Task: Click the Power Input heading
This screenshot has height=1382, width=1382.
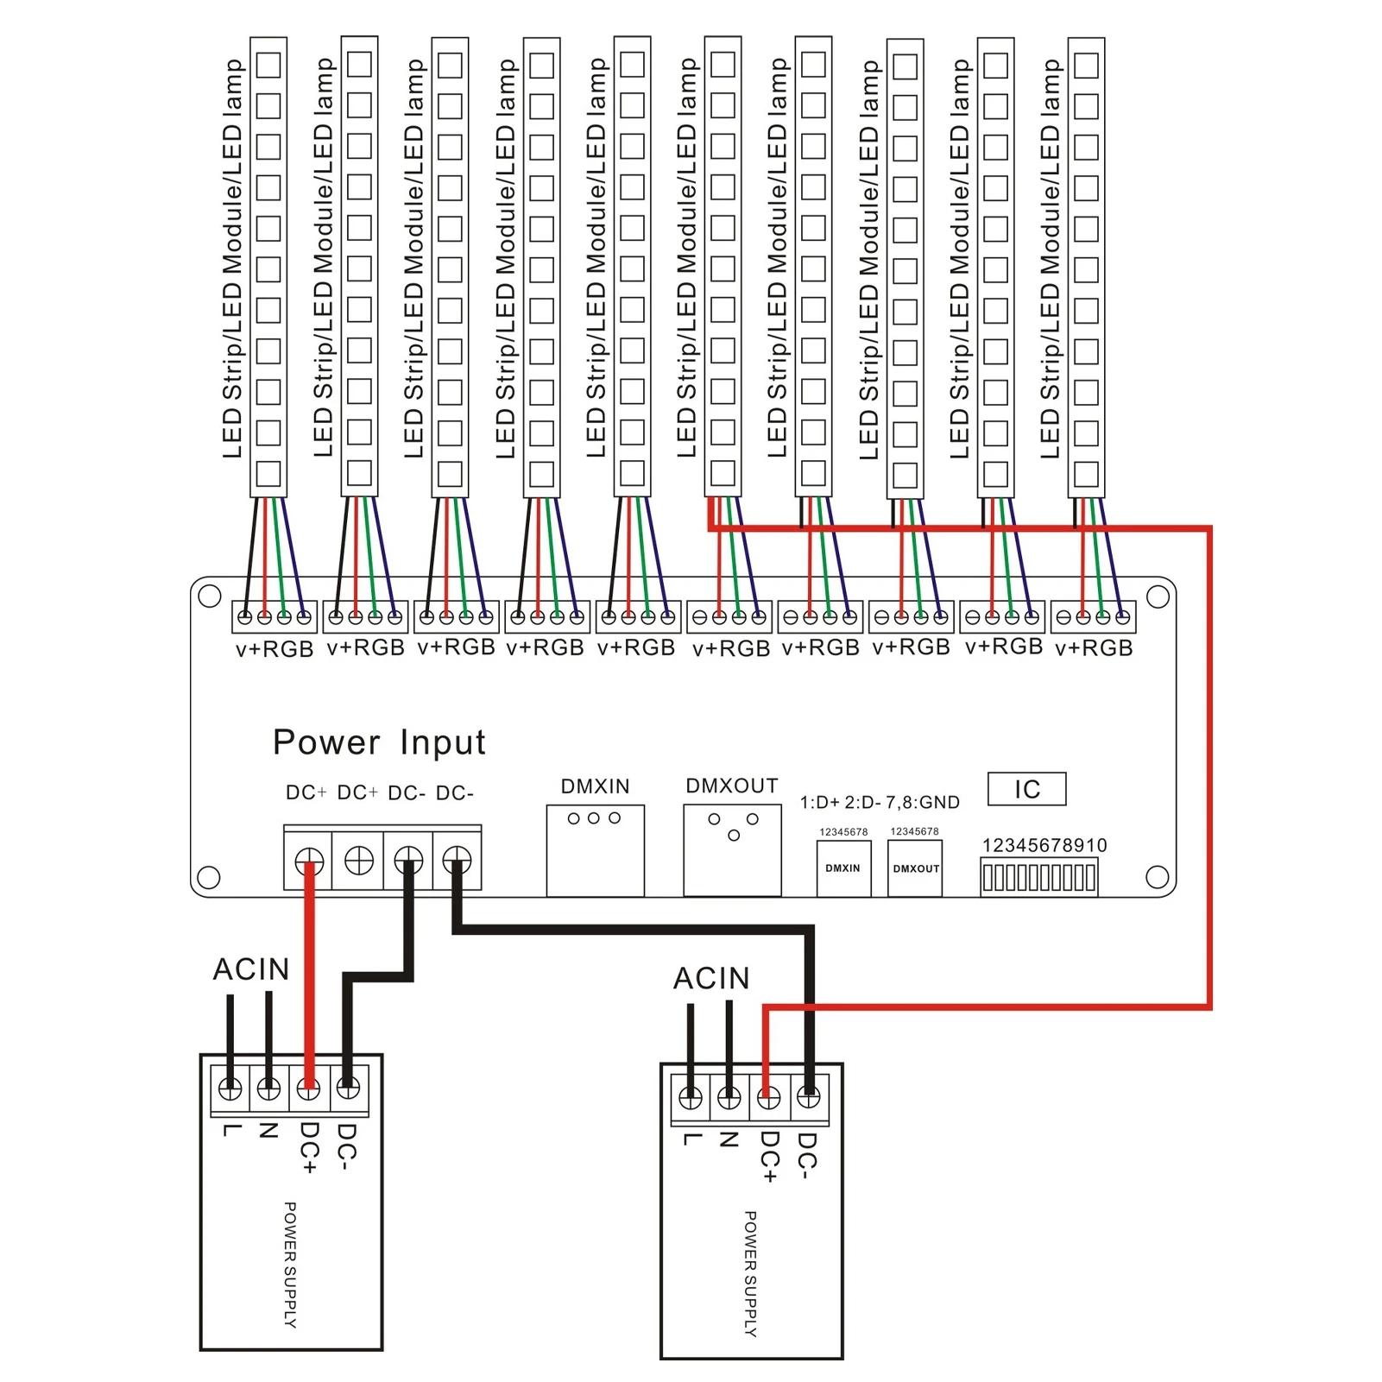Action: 379,742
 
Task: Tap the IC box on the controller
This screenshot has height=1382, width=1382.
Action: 1026,789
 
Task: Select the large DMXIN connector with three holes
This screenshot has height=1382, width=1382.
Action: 595,851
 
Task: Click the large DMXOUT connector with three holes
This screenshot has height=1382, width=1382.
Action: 732,851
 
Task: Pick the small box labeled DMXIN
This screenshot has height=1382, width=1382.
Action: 843,868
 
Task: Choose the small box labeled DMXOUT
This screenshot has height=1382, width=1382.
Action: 915,868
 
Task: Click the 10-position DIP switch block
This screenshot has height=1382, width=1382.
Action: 1039,877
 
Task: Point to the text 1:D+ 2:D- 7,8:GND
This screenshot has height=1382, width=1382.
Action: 880,803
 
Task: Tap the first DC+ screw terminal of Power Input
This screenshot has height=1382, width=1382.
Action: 309,861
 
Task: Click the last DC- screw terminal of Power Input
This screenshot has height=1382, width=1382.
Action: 457,861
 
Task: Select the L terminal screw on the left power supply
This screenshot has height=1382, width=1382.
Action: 230,1089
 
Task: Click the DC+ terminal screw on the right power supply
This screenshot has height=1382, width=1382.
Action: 768,1097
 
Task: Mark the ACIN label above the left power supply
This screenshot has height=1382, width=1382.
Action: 251,969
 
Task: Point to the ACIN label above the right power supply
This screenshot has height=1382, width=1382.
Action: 711,978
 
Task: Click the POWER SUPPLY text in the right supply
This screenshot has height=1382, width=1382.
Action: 750,1274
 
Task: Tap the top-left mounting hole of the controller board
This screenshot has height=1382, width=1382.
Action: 210,596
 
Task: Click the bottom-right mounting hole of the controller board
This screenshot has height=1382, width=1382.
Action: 1158,877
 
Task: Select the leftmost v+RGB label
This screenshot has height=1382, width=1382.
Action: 275,649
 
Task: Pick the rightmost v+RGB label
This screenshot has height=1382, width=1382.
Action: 1094,647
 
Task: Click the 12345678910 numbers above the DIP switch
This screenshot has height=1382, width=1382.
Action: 1044,845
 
